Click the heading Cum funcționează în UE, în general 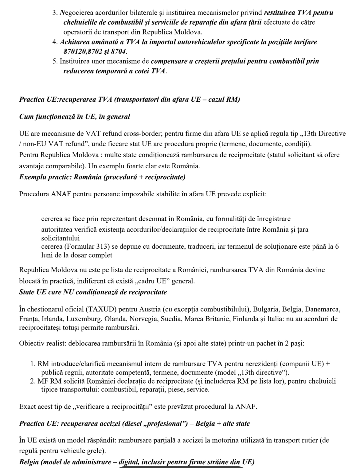(x=74, y=117)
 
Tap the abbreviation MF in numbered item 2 (x=43, y=381)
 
